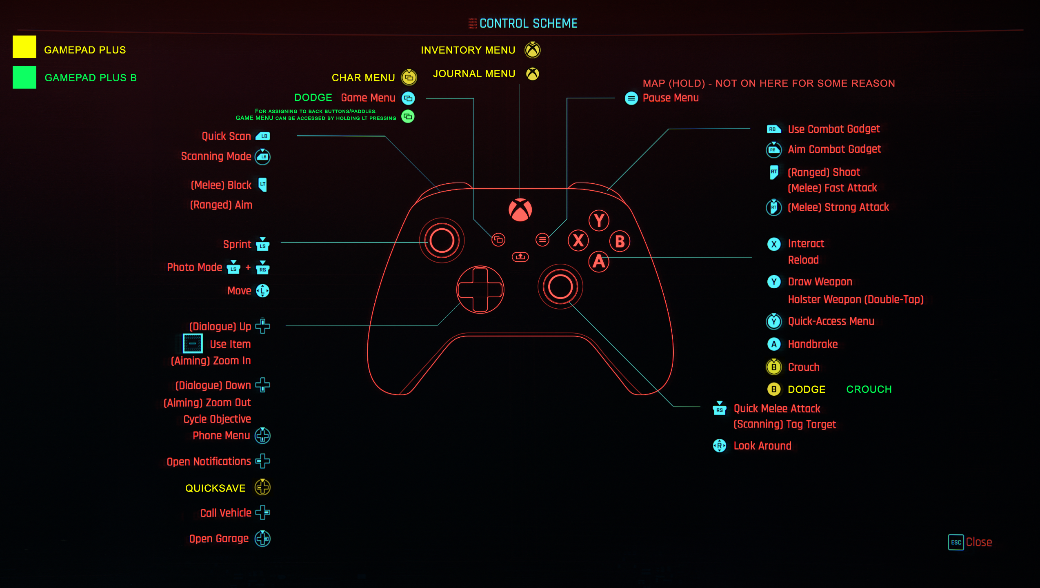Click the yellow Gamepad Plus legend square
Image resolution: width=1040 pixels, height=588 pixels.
click(24, 47)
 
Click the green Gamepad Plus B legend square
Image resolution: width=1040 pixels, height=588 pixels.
click(24, 77)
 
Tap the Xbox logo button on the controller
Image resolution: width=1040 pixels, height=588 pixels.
click(520, 210)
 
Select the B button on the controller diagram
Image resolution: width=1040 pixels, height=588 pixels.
click(620, 241)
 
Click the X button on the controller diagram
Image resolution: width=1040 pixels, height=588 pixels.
click(578, 241)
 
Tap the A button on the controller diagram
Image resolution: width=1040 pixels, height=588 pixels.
click(599, 261)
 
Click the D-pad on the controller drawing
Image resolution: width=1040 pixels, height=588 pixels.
click(480, 290)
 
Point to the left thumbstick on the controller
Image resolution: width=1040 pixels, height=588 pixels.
click(442, 240)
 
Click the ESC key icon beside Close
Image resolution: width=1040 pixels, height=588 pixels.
click(956, 542)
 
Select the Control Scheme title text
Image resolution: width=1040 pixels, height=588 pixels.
click(528, 24)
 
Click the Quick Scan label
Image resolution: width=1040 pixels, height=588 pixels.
click(226, 136)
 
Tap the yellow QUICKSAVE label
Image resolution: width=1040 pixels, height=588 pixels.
click(216, 488)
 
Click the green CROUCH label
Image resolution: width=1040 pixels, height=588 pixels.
click(869, 390)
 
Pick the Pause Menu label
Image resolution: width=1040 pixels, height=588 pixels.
click(671, 98)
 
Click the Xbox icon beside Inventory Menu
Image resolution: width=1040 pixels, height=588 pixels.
click(533, 50)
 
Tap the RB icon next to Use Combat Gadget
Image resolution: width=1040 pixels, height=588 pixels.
click(773, 129)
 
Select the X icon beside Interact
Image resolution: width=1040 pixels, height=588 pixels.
click(774, 244)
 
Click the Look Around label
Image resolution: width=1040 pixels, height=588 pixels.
click(762, 446)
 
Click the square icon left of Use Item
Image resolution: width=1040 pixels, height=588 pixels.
click(193, 343)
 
